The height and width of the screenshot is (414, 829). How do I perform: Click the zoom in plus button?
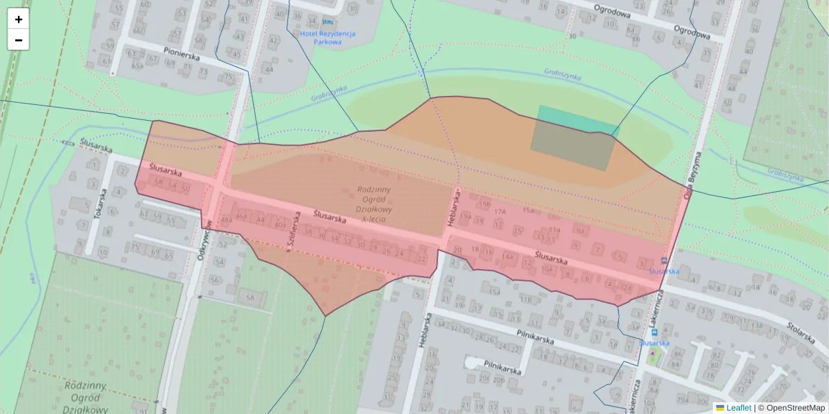point(19,19)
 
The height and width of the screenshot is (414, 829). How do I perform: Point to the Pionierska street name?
point(182,54)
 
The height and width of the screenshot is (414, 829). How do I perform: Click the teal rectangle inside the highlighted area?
point(573,137)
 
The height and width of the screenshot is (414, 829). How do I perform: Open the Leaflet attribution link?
point(739,408)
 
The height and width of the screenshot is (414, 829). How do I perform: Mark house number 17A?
point(500,211)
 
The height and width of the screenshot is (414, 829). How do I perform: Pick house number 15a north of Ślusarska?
point(528,210)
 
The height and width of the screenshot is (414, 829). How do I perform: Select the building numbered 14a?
point(508,257)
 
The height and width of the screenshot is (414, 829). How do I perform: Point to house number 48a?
point(226,220)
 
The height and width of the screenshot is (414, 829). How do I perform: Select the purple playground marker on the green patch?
point(653,354)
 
